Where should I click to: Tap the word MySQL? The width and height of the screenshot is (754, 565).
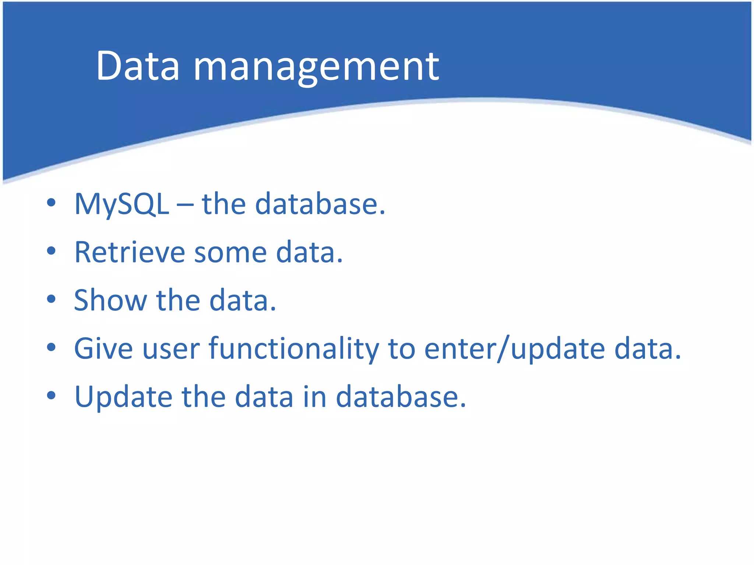(121, 205)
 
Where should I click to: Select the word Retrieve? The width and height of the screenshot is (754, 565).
(129, 252)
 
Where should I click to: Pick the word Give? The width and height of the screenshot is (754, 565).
(103, 348)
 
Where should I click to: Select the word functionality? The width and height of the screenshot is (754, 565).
(293, 349)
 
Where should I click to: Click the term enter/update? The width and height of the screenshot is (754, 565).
(514, 349)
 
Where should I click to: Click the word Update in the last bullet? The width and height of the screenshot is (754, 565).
(123, 397)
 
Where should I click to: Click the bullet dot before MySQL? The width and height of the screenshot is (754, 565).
(51, 203)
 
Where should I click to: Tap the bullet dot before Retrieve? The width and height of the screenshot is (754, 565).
(51, 251)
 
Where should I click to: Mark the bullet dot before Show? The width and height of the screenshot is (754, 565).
(51, 299)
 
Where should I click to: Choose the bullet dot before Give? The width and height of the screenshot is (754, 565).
(51, 347)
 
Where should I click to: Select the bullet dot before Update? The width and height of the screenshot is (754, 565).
(51, 395)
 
